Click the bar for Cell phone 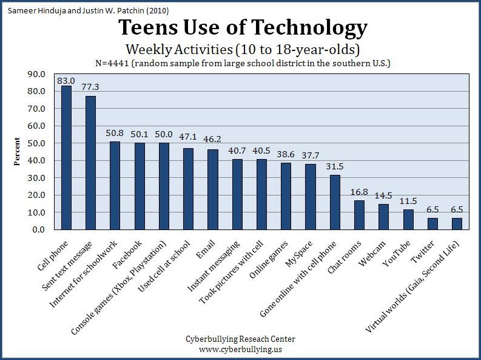tap(66, 158)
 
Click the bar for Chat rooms tap(359, 215)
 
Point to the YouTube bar tap(408, 220)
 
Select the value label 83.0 tap(66, 80)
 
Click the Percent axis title tap(18, 152)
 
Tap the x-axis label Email tap(204, 248)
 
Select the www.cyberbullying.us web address tap(241, 349)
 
